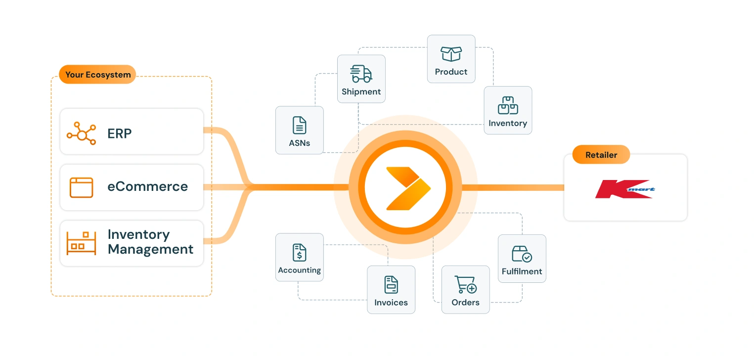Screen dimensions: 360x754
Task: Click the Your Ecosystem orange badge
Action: [98, 75]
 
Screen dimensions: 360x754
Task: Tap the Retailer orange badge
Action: [601, 155]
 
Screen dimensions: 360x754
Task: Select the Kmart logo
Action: [625, 189]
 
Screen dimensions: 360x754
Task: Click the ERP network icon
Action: [81, 134]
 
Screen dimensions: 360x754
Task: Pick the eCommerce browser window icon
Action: [82, 187]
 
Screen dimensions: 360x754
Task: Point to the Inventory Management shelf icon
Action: [82, 242]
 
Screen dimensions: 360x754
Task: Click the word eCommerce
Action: [148, 187]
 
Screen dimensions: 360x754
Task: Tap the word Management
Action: [150, 249]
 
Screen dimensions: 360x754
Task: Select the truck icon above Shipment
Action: [361, 74]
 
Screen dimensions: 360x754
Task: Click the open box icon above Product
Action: [451, 54]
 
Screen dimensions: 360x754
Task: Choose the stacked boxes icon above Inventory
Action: [508, 105]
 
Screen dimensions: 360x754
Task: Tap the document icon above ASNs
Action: [300, 126]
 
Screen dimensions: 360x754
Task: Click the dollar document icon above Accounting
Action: [300, 252]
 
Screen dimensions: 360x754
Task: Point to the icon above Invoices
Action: [391, 284]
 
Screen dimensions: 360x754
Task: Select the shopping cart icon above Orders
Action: [465, 284]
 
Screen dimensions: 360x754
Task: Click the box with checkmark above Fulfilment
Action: [522, 254]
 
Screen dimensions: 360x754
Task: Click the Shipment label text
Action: [361, 92]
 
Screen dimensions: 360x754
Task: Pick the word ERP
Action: [120, 134]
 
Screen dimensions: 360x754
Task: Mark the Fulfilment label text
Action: [522, 271]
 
